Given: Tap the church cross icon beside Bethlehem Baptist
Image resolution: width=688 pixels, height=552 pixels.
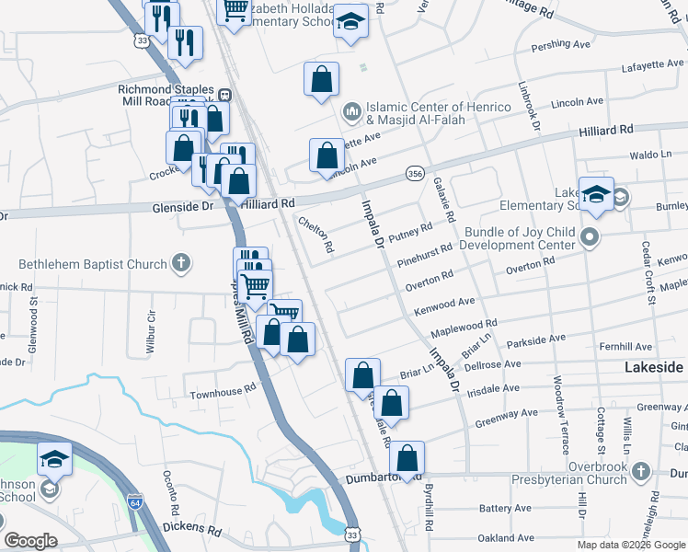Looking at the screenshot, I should point(182,264).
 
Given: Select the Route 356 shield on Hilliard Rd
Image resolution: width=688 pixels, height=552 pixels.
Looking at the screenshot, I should point(415,173).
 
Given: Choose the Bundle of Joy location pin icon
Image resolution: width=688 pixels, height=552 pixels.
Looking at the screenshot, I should point(590,239).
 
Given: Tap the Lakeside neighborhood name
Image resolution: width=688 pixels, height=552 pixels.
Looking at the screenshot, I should point(653,366).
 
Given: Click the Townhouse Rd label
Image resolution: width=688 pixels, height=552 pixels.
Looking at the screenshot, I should point(223,393).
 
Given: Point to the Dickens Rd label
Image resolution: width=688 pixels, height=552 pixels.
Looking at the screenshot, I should point(192,530).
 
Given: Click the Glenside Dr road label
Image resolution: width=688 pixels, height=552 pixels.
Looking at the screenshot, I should point(182,208).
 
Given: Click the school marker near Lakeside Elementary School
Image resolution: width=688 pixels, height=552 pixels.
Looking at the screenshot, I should point(596,195).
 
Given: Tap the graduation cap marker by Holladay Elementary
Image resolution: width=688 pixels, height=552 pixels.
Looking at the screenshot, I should point(350,23).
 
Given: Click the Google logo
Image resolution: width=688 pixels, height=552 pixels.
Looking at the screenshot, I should point(29,541).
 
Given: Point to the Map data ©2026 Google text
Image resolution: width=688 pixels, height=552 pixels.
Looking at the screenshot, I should point(630,545).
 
